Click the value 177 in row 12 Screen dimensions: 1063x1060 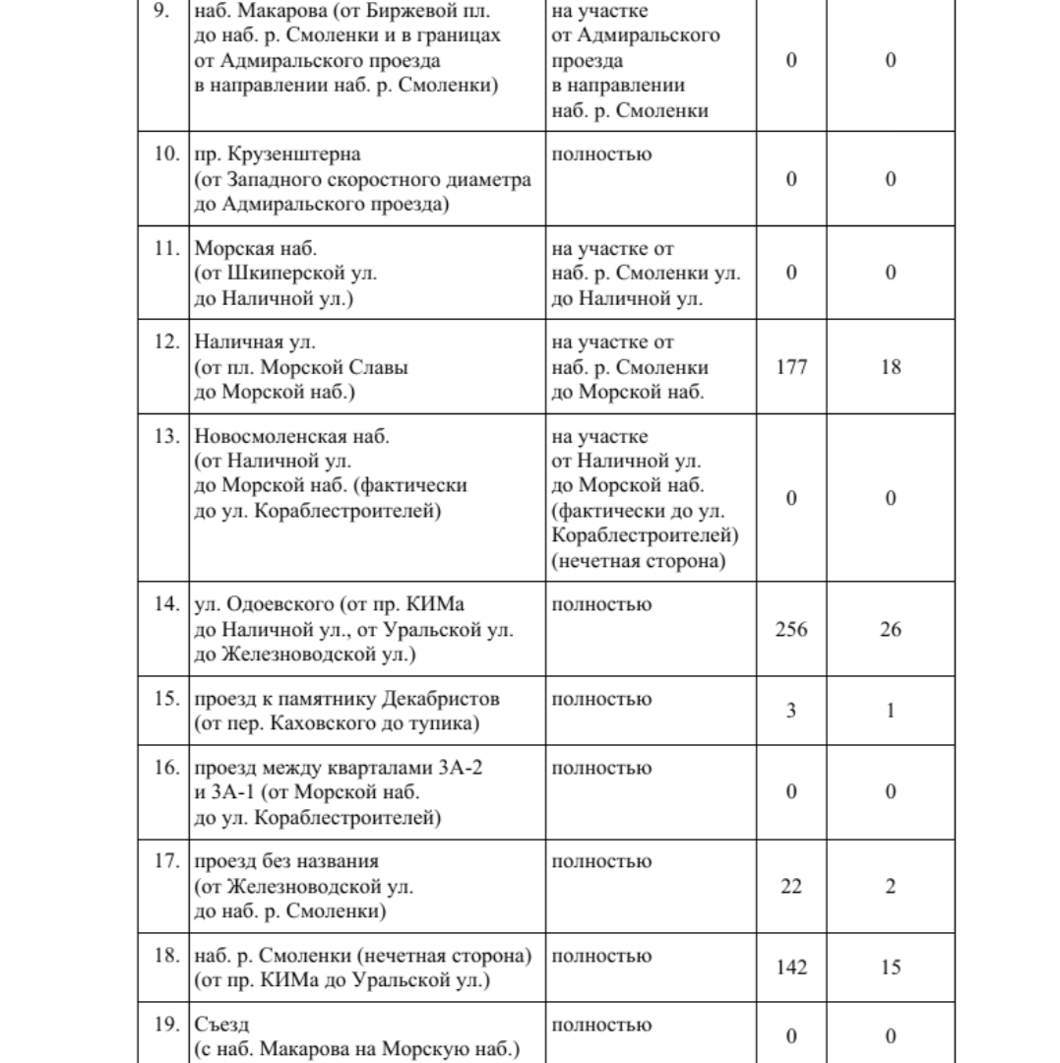[x=792, y=367]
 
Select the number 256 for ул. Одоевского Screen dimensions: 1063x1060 [x=792, y=629]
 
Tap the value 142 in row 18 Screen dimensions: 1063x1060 [x=792, y=968]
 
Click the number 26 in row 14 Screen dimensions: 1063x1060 [x=891, y=629]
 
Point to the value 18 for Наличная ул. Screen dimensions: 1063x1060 [x=891, y=367]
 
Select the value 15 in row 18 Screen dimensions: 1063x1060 [x=891, y=968]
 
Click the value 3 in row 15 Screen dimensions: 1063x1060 [x=792, y=711]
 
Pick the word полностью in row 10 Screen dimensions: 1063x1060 [x=601, y=155]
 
